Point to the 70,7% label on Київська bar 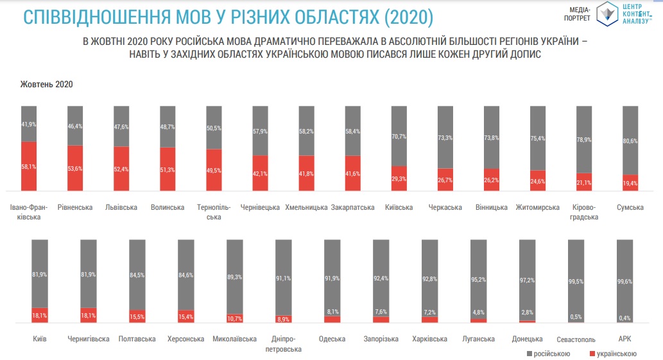click(399, 136)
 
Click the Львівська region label click(121, 207)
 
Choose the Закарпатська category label click(352, 207)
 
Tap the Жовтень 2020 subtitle click(46, 85)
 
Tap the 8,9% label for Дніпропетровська click(283, 318)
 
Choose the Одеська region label click(332, 339)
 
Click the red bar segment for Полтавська click(137, 316)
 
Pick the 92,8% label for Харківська click(429, 279)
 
